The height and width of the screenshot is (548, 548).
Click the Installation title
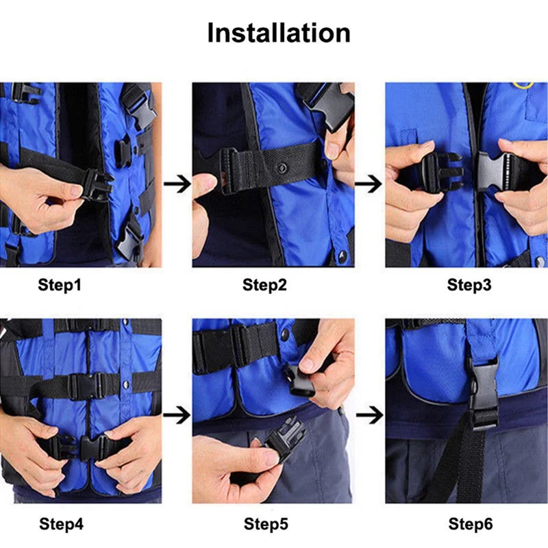[279, 33]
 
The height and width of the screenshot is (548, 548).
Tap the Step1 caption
[60, 285]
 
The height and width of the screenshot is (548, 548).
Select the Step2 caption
[264, 285]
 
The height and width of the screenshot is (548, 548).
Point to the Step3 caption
[469, 285]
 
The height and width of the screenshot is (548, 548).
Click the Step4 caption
[61, 524]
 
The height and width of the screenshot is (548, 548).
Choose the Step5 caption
[266, 524]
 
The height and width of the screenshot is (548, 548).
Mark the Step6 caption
[471, 524]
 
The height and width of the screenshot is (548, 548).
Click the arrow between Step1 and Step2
[177, 184]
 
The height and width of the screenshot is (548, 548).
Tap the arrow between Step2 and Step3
[369, 184]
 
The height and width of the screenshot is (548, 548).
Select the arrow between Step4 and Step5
[177, 415]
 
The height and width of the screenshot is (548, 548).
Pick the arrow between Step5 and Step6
[370, 415]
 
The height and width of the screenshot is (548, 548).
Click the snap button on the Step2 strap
[282, 169]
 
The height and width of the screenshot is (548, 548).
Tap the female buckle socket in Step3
[493, 172]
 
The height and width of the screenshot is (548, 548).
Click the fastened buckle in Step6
[484, 395]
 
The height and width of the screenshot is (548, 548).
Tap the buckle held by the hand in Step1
[98, 185]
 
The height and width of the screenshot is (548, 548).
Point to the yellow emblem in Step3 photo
[523, 85]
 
